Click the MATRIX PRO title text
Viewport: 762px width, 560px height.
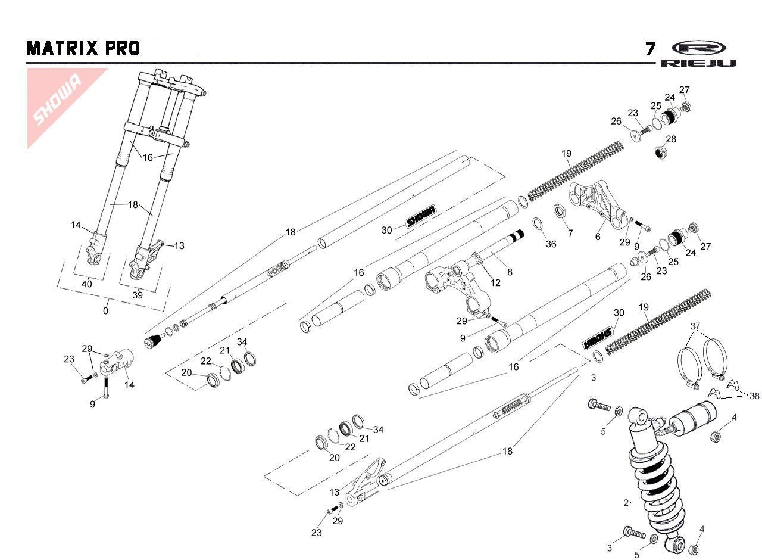coord(83,48)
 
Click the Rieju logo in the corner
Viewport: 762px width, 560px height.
coord(698,54)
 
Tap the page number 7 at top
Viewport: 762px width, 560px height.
coord(651,49)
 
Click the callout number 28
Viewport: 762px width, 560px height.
coord(671,139)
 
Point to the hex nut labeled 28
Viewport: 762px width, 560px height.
coord(661,153)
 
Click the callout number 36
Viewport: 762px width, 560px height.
coord(551,244)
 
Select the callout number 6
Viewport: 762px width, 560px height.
coord(598,237)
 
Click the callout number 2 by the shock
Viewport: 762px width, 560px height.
coord(626,503)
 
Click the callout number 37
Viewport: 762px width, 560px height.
coord(695,326)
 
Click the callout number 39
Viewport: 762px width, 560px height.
coord(138,295)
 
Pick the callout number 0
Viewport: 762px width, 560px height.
coord(106,310)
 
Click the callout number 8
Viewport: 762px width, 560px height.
coord(509,272)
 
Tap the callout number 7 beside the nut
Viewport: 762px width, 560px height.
coord(570,233)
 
